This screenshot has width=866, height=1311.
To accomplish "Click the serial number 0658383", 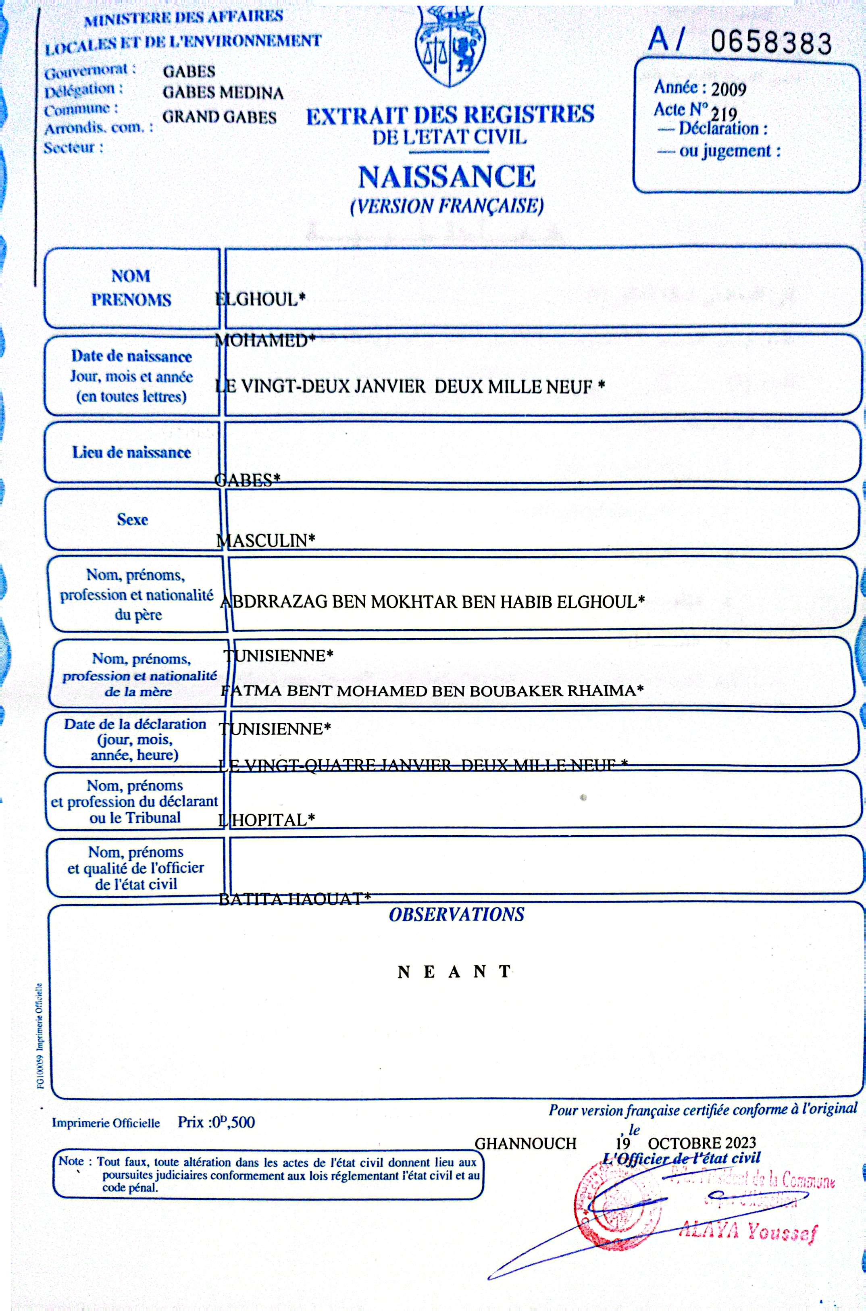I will [770, 42].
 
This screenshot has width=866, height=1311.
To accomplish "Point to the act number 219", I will [724, 115].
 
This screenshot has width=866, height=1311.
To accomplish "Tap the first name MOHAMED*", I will [265, 341].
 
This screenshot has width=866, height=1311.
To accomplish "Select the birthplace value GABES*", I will [248, 479].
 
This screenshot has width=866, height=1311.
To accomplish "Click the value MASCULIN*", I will [266, 540].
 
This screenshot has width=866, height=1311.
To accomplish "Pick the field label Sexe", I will [133, 519].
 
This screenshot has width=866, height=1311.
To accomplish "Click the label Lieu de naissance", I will [131, 452].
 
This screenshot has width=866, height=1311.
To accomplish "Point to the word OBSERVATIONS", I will [456, 914].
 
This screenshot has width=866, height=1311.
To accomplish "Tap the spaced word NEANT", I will [454, 972].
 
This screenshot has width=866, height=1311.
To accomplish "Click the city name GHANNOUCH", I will [525, 1143].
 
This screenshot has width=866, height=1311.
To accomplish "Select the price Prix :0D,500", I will [216, 1122].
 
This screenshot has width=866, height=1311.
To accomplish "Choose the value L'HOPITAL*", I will [267, 820].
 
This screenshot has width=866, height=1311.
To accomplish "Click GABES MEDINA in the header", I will [223, 93].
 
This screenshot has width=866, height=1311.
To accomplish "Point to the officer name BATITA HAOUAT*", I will [294, 899].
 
